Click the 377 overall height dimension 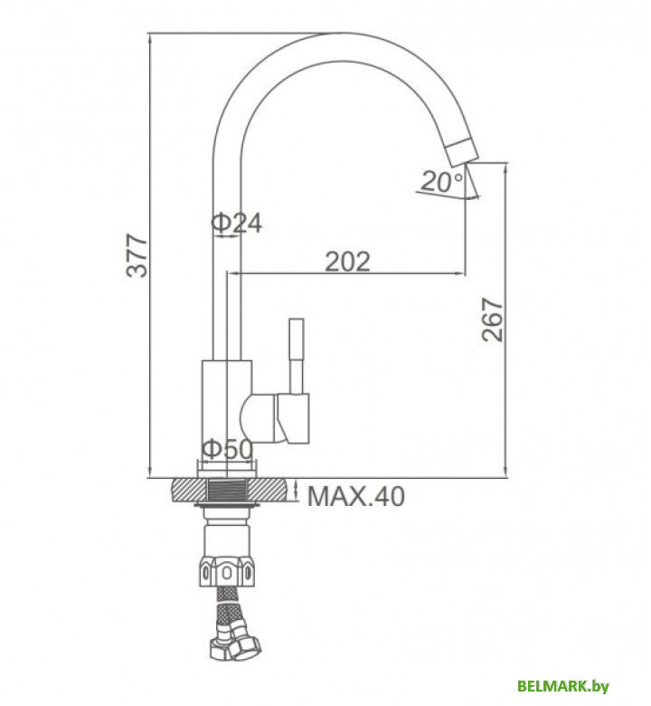pyautogui.click(x=136, y=255)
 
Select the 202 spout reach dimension pyautogui.click(x=348, y=261)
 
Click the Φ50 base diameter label pyautogui.click(x=227, y=449)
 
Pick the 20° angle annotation pyautogui.click(x=442, y=182)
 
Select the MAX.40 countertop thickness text pyautogui.click(x=356, y=496)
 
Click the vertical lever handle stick pyautogui.click(x=296, y=353)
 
